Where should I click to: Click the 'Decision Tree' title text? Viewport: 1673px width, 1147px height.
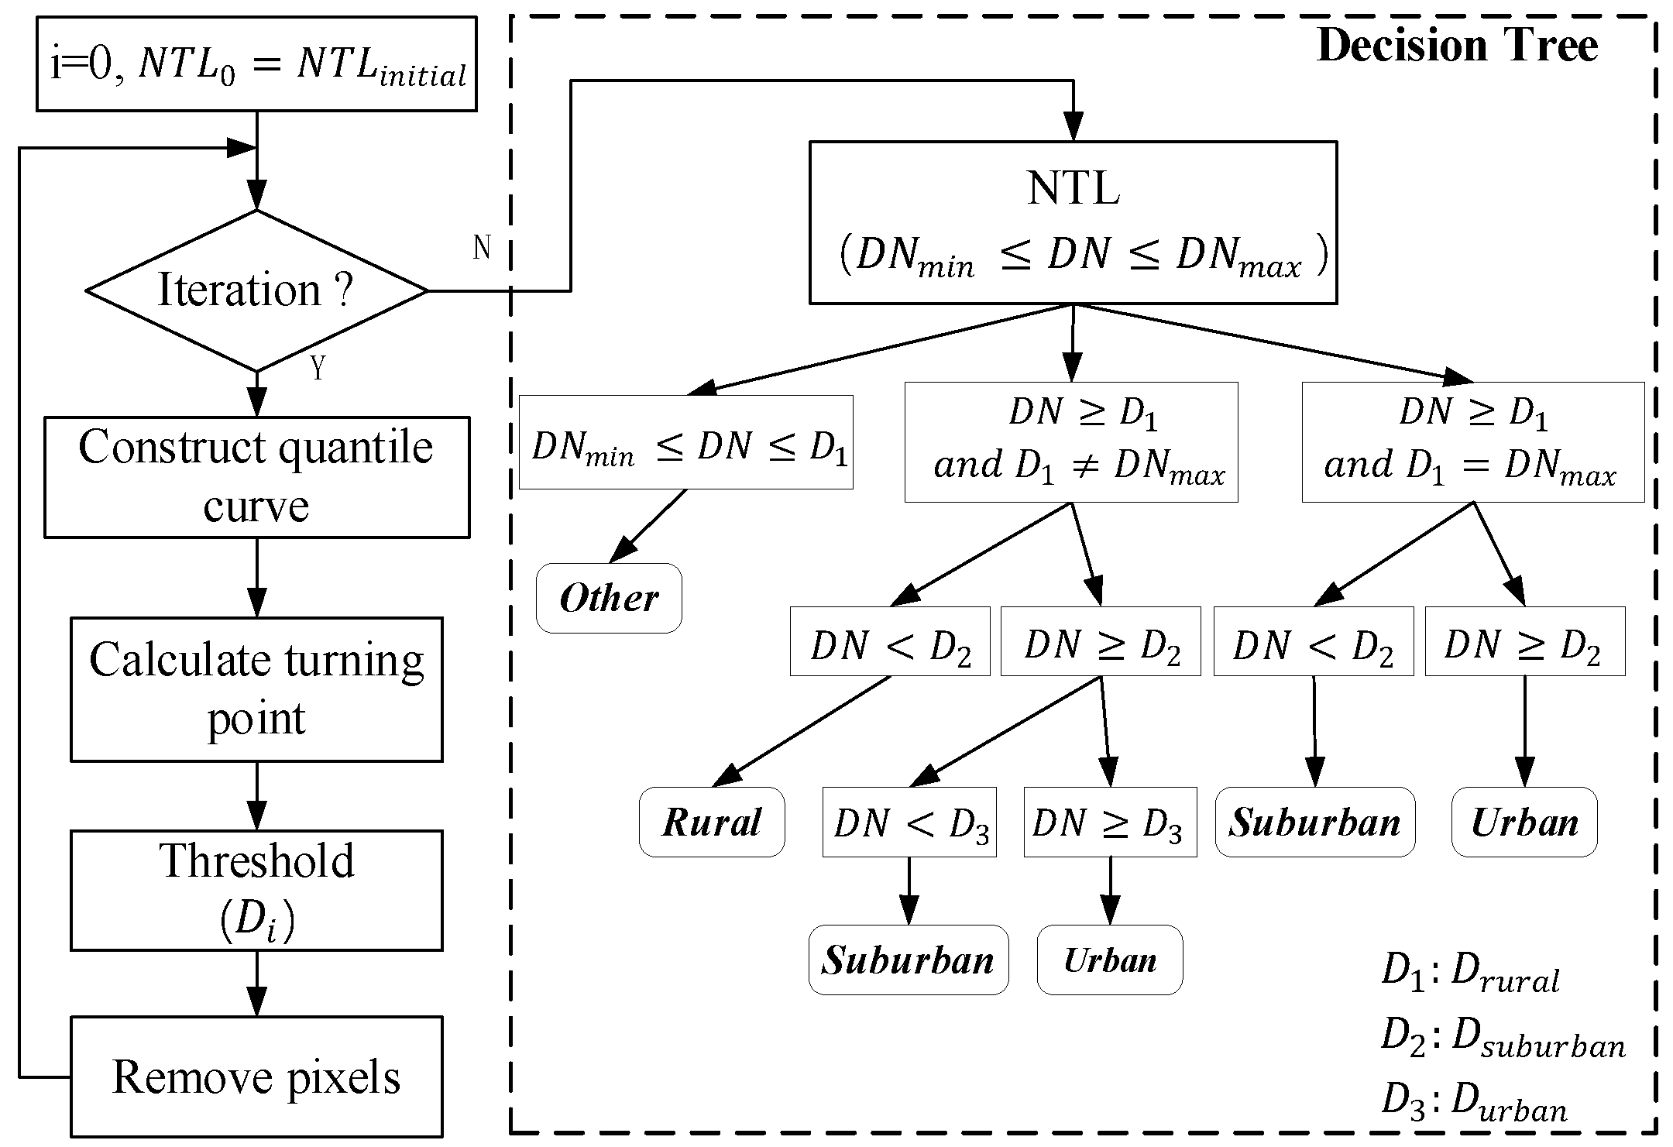(x=1456, y=46)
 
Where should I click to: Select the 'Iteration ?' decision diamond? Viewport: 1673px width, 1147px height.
(x=256, y=290)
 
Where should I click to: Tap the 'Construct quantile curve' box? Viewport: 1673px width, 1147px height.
(x=256, y=476)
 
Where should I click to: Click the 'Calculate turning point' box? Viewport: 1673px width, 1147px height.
(x=256, y=689)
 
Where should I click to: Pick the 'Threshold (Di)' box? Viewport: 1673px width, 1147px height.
(x=256, y=890)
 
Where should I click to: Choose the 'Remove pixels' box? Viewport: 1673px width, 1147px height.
(x=256, y=1076)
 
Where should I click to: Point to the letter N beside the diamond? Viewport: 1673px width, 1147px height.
(x=482, y=248)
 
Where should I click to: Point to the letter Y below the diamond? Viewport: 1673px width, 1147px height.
(x=318, y=369)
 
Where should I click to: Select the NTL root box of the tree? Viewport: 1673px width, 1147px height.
(x=1073, y=222)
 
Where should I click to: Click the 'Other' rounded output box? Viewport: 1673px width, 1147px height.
(x=609, y=598)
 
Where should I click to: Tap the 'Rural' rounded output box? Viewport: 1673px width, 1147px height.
(x=711, y=822)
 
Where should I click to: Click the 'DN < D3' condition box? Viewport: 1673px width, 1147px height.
(x=909, y=822)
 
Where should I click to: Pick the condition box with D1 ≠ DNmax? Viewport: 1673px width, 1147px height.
(x=1071, y=441)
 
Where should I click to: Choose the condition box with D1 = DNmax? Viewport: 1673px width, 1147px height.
(x=1472, y=441)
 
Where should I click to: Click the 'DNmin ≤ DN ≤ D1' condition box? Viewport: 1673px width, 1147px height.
(x=685, y=442)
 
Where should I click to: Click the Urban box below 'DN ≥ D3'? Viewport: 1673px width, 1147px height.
(x=1110, y=960)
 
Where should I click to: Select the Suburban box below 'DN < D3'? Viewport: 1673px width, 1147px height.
(x=909, y=960)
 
